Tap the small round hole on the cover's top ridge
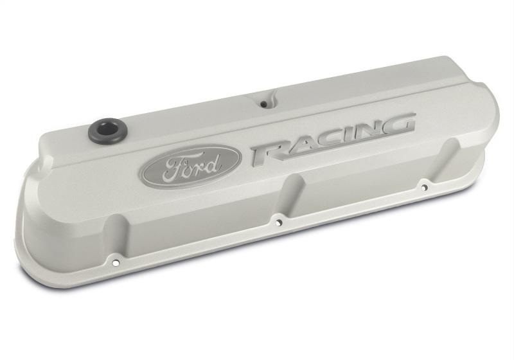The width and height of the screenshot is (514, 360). (x=263, y=103)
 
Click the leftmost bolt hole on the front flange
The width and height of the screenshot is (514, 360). (x=115, y=262)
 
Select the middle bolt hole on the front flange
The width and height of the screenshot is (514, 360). (x=278, y=222)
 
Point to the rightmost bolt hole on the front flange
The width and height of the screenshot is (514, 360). (x=424, y=187)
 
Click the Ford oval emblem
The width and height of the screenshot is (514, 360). (x=192, y=166)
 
